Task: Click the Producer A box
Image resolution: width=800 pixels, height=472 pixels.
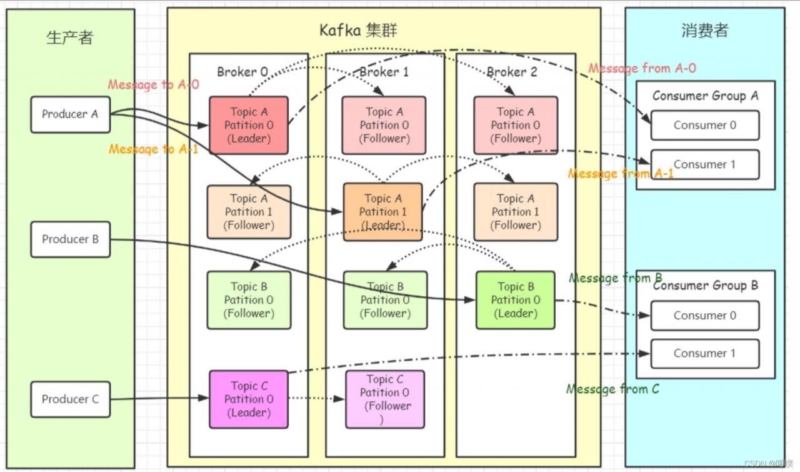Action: [70, 114]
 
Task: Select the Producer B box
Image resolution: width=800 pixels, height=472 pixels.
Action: [70, 239]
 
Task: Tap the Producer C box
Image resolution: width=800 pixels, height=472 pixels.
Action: [70, 399]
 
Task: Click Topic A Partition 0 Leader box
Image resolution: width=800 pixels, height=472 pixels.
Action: [249, 125]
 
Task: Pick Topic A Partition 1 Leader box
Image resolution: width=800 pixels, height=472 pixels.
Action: [383, 211]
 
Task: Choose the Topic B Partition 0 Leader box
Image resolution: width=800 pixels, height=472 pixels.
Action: [515, 300]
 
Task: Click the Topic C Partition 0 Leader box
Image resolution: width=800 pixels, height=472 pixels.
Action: [249, 399]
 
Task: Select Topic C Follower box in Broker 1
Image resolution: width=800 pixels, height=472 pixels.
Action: [385, 399]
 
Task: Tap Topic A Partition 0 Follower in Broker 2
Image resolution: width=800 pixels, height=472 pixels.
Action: [516, 125]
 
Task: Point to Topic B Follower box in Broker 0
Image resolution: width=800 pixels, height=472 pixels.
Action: [249, 300]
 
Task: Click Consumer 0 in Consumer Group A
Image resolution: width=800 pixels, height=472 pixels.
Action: [704, 125]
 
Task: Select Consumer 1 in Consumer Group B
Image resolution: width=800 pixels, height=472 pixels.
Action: [704, 354]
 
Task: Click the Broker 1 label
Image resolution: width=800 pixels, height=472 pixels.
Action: [384, 72]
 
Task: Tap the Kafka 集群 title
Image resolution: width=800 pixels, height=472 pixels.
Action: [358, 30]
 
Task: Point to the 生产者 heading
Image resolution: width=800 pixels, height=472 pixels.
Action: [70, 38]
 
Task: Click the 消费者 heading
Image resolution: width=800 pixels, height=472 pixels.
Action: [704, 31]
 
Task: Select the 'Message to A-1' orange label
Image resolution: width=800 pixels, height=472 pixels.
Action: [153, 149]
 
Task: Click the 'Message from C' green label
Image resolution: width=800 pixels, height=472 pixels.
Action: [612, 389]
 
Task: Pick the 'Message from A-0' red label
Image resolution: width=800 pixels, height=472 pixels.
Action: [642, 68]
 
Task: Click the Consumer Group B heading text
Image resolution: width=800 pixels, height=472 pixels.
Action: [705, 286]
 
